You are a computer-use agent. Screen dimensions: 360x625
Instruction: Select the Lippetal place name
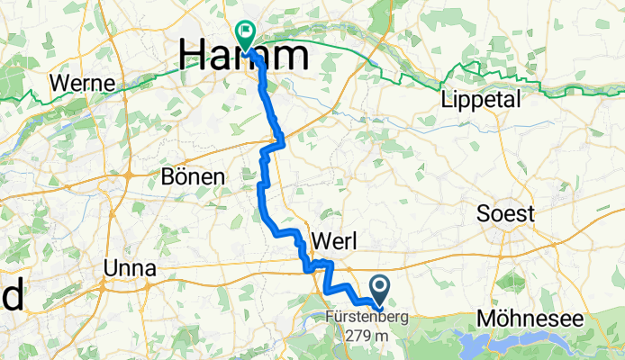click(482, 100)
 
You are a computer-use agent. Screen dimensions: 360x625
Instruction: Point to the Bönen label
click(192, 177)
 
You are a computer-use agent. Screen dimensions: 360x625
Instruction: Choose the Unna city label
click(130, 268)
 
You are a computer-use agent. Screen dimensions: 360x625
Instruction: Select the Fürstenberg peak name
click(368, 317)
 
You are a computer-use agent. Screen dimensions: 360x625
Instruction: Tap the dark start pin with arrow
click(379, 291)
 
